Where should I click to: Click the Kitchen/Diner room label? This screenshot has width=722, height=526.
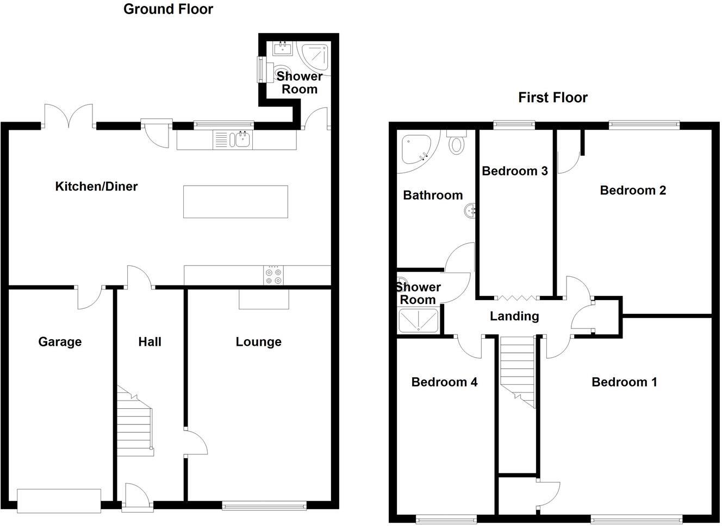click(x=96, y=187)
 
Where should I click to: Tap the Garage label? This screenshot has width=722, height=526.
click(x=60, y=342)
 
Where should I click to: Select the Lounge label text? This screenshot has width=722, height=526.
click(x=258, y=342)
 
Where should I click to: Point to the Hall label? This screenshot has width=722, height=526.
click(x=150, y=342)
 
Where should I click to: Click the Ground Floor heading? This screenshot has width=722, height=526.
click(x=168, y=9)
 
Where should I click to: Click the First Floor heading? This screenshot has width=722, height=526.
click(x=552, y=98)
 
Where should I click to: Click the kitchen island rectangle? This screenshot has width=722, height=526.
click(x=235, y=202)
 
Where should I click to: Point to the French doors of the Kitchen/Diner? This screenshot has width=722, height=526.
click(x=69, y=117)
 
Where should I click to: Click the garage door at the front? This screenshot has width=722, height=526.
click(x=59, y=500)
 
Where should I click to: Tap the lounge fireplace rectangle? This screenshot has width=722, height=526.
click(x=264, y=299)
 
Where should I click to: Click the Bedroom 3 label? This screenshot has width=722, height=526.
click(x=514, y=172)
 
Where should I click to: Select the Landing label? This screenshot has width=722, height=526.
click(x=514, y=316)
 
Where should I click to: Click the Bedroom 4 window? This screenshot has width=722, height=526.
click(x=446, y=518)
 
